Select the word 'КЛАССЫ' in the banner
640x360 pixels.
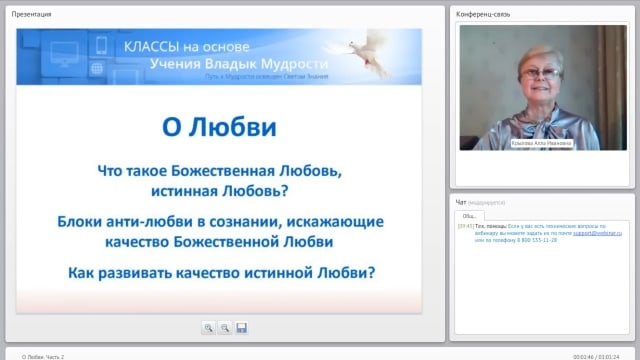pyautogui.click(x=148, y=47)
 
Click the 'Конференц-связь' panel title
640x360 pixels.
pyautogui.click(x=485, y=13)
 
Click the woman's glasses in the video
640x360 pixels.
pyautogui.click(x=536, y=72)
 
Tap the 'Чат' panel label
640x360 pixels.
pyautogui.click(x=461, y=201)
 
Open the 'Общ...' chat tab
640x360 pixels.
pyautogui.click(x=469, y=215)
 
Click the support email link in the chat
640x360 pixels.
pyautogui.click(x=598, y=231)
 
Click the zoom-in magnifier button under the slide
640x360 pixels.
pyautogui.click(x=209, y=327)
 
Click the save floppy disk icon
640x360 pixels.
pyautogui.click(x=241, y=327)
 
